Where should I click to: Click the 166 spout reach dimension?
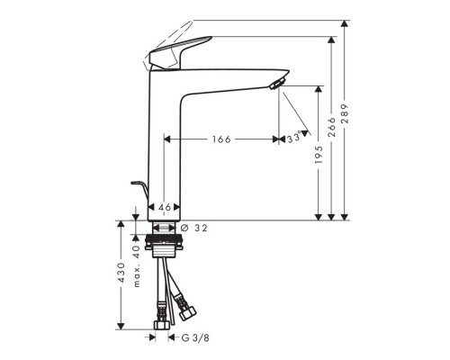pyautogui.click(x=221, y=139)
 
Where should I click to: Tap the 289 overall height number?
pyautogui.click(x=345, y=113)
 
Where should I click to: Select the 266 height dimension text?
pyautogui.click(x=331, y=127)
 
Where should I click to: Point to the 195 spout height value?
pyautogui.click(x=319, y=155)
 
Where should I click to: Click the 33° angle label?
pyautogui.click(x=293, y=139)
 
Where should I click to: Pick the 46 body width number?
pyautogui.click(x=165, y=207)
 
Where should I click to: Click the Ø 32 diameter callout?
pyautogui.click(x=194, y=229)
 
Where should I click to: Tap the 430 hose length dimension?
pyautogui.click(x=121, y=272)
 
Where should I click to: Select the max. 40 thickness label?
pyautogui.click(x=137, y=266)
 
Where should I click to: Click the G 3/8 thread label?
pyautogui.click(x=195, y=338)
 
